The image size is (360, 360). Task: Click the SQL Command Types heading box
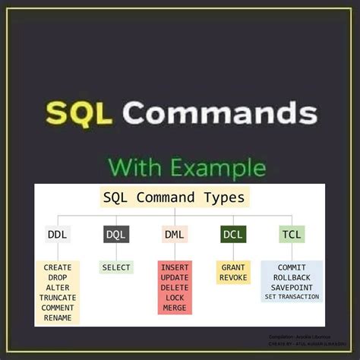(174, 198)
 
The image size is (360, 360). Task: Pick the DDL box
(56, 235)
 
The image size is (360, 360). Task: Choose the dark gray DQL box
(116, 235)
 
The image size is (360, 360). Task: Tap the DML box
(174, 235)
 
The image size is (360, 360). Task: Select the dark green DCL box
(232, 235)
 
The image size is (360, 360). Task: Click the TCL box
(291, 235)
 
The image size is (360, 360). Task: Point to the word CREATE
(58, 268)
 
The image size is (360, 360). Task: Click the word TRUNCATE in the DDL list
(58, 298)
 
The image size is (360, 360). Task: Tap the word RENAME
(58, 317)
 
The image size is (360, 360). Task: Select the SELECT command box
(116, 268)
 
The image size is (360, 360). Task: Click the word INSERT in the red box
(175, 268)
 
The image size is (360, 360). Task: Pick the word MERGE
(175, 308)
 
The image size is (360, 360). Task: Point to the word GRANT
(232, 268)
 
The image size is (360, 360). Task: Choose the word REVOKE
(232, 278)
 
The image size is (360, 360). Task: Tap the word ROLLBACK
(292, 278)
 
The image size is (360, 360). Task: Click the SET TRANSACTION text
(292, 297)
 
